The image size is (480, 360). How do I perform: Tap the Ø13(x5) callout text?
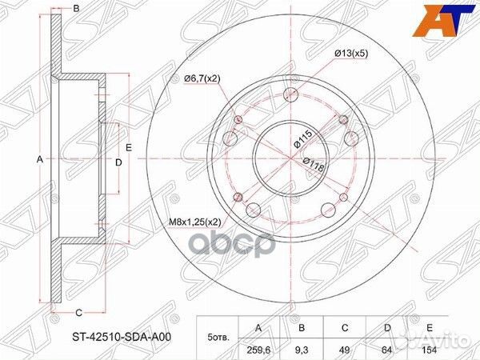[x=350, y=54]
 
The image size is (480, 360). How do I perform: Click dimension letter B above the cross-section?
[x=77, y=9]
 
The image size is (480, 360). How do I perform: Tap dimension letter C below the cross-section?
[x=78, y=312]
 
